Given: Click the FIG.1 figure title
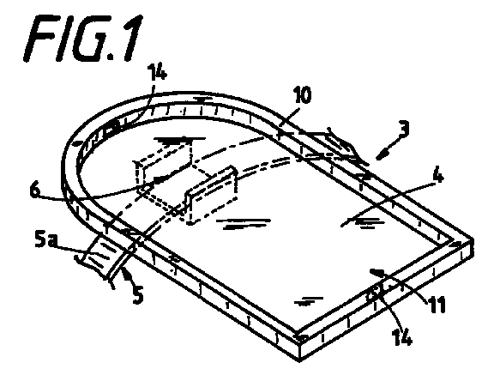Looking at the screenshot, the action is pos(83,38).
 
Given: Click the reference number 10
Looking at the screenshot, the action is pos(303,95).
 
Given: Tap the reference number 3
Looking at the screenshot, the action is pos(402,130).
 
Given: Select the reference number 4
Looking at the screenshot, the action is pos(437,178).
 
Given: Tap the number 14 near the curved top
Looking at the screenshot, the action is pos(157,74).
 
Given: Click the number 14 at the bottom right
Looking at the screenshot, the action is pos(402,337).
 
